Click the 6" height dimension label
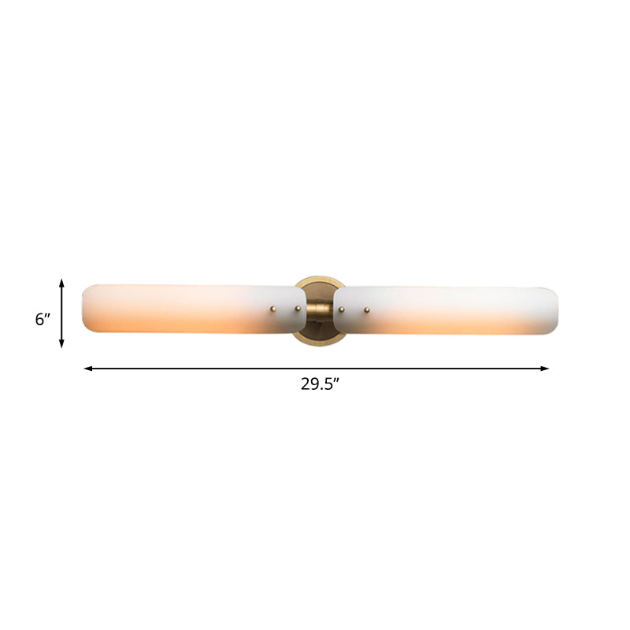pyautogui.click(x=43, y=319)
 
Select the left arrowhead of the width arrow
pyautogui.click(x=87, y=368)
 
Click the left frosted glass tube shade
pyautogui.click(x=181, y=309)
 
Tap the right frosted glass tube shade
pyautogui.click(x=457, y=309)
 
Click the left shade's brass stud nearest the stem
pyautogui.click(x=298, y=309)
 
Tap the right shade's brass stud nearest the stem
pyautogui.click(x=341, y=309)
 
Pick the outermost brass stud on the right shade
pyautogui.click(x=366, y=309)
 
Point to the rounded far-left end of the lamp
pyautogui.click(x=85, y=309)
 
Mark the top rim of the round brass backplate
pyautogui.click(x=320, y=277)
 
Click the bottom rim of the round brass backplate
pyautogui.click(x=320, y=344)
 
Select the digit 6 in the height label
pyautogui.click(x=39, y=319)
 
